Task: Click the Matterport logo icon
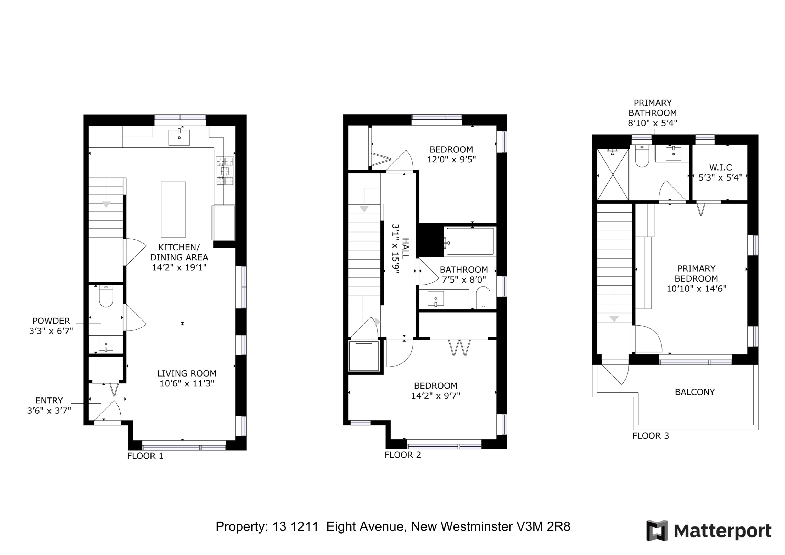click(657, 530)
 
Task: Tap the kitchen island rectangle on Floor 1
click(173, 209)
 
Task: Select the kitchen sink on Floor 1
click(179, 137)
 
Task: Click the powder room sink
click(106, 344)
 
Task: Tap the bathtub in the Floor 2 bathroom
click(470, 242)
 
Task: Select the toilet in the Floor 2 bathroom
click(483, 298)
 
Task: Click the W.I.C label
click(720, 167)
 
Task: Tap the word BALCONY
click(694, 392)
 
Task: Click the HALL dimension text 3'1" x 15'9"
click(396, 249)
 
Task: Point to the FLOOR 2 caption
click(402, 455)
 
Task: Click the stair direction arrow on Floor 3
click(614, 318)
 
